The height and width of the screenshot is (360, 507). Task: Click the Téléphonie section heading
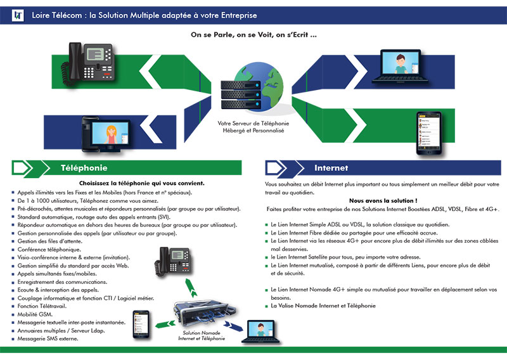84,168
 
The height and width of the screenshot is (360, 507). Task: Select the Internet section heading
331,168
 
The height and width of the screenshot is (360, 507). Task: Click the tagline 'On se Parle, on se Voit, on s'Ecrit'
253,35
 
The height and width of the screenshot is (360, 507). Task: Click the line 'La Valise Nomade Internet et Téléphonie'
323,305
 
